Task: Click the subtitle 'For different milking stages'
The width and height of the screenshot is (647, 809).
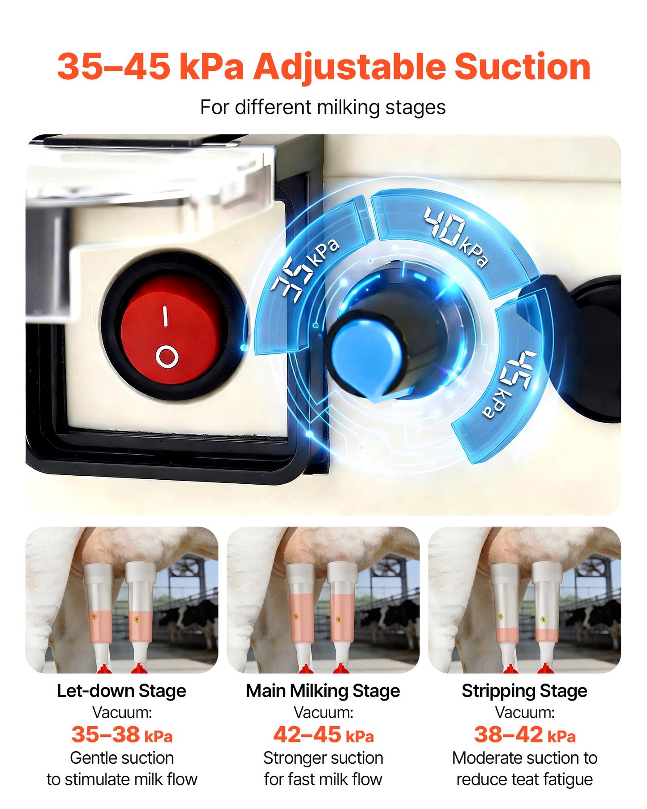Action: click(x=323, y=108)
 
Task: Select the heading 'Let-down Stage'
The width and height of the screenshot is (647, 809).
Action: click(x=121, y=691)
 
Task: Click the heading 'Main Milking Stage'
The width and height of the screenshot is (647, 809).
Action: click(x=323, y=691)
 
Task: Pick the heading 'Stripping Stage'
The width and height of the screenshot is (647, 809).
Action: click(x=524, y=691)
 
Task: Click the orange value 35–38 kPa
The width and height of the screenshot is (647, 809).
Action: click(x=122, y=735)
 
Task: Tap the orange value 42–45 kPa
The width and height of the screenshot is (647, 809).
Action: click(x=323, y=735)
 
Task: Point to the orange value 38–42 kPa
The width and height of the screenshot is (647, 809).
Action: click(x=525, y=735)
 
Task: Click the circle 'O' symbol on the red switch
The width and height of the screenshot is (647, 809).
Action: click(x=167, y=357)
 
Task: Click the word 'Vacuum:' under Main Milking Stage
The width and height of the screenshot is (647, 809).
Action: click(x=323, y=712)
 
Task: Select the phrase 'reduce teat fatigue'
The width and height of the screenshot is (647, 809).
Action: click(x=524, y=779)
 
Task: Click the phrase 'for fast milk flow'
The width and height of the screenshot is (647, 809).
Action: click(x=323, y=779)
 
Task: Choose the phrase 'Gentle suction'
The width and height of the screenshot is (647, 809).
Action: click(x=122, y=758)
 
